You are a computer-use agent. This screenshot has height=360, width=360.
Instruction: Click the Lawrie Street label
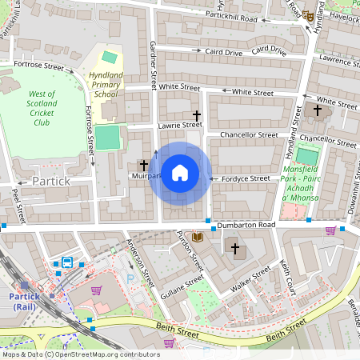pos(180,124)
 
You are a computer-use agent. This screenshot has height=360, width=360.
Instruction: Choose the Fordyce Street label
pos(246,178)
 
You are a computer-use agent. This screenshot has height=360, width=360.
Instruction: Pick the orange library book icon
pos(198,237)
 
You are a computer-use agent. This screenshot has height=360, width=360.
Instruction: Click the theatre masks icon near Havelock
pos(307,15)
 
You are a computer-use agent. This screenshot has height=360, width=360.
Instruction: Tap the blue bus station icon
pos(68,262)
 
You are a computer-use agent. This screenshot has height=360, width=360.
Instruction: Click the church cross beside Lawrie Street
pos(198,116)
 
